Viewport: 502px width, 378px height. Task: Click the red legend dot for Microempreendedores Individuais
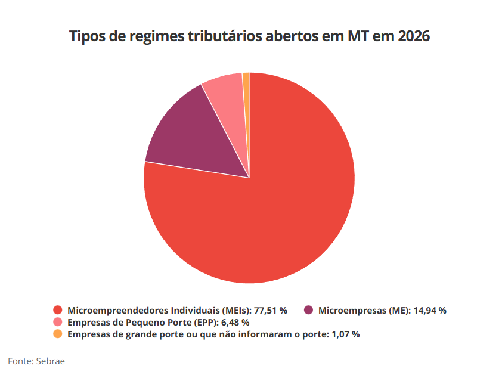58,310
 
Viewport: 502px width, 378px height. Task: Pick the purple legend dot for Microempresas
308,310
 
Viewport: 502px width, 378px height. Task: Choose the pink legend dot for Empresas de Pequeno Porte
58,322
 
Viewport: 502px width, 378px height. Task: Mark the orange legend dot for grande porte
58,334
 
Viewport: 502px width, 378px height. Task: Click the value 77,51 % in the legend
271,311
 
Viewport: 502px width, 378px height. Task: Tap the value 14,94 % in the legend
429,311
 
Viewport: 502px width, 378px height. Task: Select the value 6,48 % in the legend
235,323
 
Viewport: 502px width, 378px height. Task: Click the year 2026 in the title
414,36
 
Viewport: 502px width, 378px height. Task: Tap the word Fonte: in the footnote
20,361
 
